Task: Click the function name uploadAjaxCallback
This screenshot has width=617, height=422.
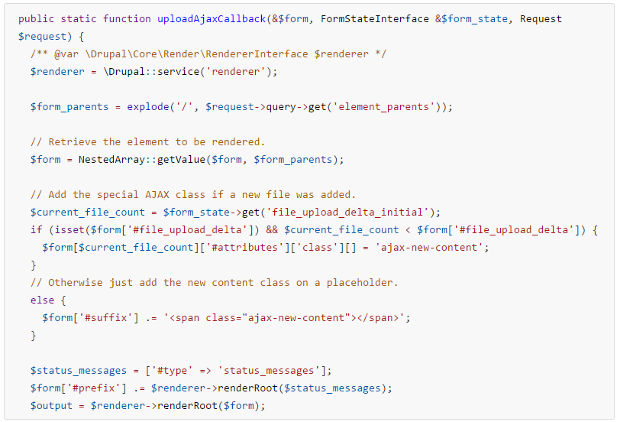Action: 212,19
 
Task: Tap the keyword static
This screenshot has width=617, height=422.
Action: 79,19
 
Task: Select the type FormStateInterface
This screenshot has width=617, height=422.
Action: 375,19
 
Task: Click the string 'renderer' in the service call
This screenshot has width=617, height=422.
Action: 236,72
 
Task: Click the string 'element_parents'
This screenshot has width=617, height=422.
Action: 383,107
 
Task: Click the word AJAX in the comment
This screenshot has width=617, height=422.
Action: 157,195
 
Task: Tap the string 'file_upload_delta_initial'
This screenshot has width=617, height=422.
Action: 347,213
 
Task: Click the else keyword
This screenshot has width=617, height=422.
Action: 42,300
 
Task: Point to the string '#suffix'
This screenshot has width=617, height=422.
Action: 105,317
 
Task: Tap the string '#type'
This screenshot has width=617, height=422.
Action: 172,371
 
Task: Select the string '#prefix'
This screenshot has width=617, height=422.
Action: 93,388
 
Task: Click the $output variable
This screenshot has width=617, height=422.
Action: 51,406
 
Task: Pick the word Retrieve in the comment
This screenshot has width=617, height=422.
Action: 73,142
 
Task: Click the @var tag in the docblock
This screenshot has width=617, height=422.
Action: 66,54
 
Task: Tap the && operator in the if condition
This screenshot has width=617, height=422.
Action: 272,229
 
